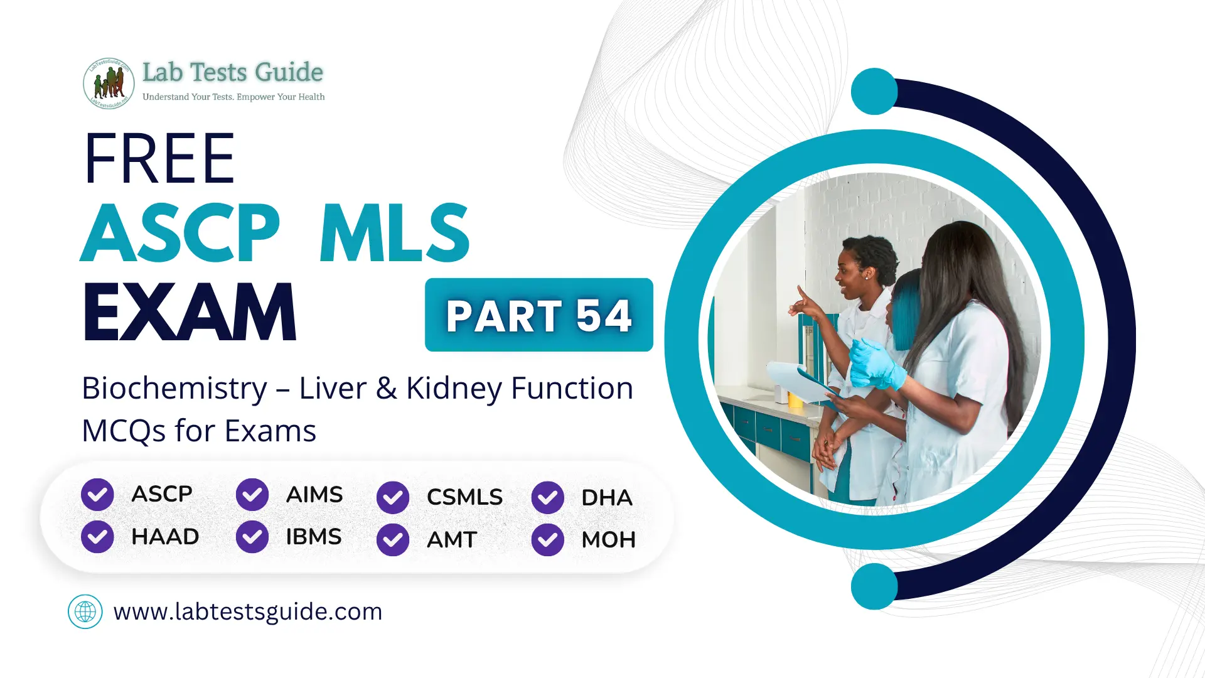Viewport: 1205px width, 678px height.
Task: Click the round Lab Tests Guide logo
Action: (x=109, y=83)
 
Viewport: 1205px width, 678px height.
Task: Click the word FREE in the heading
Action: (x=159, y=159)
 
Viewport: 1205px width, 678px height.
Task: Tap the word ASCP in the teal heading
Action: (x=180, y=234)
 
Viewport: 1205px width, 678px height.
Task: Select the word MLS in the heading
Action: (x=394, y=234)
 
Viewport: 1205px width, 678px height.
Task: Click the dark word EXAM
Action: (x=189, y=312)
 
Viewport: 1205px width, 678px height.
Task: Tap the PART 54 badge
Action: (x=538, y=315)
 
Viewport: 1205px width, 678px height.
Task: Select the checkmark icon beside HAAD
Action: (x=97, y=537)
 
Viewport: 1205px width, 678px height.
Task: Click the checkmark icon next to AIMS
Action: (x=252, y=495)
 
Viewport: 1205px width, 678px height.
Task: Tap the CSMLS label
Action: (x=464, y=497)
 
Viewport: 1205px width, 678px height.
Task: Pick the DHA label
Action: (x=606, y=498)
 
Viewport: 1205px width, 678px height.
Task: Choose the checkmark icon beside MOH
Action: (x=547, y=540)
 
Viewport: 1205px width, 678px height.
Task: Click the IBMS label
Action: (x=313, y=537)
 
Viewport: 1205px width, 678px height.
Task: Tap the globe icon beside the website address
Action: (x=85, y=611)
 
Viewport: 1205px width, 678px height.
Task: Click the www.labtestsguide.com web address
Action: (x=248, y=611)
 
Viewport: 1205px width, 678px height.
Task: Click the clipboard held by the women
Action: (x=800, y=382)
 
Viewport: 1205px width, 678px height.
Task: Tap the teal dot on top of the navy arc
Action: (x=874, y=92)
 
